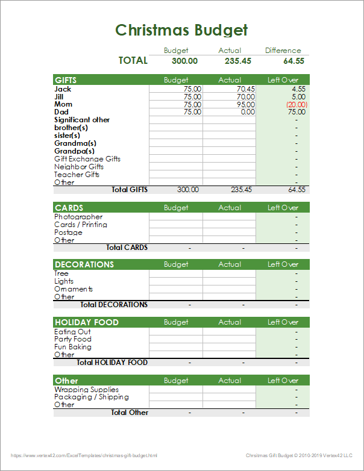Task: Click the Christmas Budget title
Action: click(181, 30)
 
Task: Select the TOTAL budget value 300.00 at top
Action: click(185, 61)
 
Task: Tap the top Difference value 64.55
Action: click(293, 61)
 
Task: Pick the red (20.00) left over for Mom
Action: click(297, 105)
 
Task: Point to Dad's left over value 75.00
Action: click(297, 112)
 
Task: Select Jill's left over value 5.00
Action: click(298, 97)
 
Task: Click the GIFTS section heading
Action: click(66, 80)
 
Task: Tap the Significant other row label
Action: click(82, 120)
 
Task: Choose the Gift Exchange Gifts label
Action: click(87, 159)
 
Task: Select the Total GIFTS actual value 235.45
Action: click(241, 190)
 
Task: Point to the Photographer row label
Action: click(78, 217)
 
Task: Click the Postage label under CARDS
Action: click(68, 232)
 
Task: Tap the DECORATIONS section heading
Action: click(84, 264)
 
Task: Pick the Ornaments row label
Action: click(74, 289)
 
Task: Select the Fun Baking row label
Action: click(73, 347)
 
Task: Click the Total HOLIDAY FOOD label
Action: click(112, 363)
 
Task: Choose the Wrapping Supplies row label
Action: click(87, 390)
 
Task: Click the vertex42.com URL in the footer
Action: click(84, 455)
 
